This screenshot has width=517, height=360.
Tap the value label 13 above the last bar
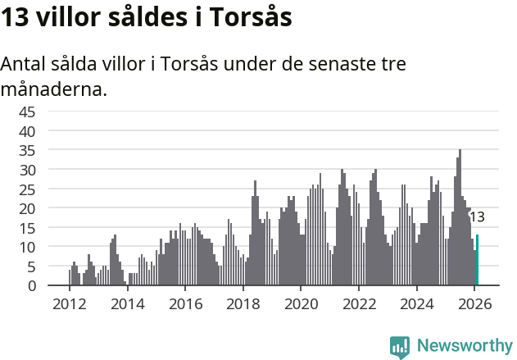pyautogui.click(x=476, y=217)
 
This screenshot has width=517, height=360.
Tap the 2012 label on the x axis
pyautogui.click(x=69, y=303)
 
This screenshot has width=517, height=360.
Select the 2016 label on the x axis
pyautogui.click(x=185, y=303)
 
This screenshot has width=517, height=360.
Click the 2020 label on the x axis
pyautogui.click(x=301, y=303)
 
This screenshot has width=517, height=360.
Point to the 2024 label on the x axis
pyautogui.click(x=417, y=303)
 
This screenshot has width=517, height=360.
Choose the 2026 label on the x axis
pyautogui.click(x=475, y=303)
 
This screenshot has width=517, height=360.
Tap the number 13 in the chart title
pyautogui.click(x=16, y=18)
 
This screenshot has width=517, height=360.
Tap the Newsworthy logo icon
pyautogui.click(x=400, y=346)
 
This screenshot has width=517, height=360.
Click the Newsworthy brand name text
pyautogui.click(x=464, y=346)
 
